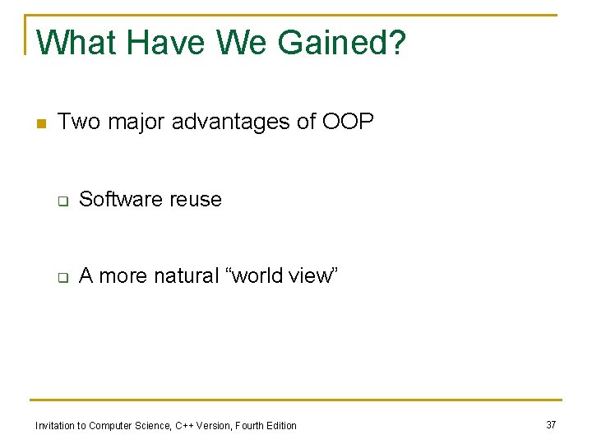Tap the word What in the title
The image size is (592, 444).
click(x=77, y=43)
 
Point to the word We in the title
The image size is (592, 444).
click(x=246, y=43)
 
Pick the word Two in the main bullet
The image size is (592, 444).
click(x=79, y=123)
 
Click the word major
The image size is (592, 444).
click(x=135, y=123)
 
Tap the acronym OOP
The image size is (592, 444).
click(x=348, y=123)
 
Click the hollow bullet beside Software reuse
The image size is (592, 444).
click(x=62, y=201)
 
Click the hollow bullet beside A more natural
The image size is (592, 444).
click(x=62, y=277)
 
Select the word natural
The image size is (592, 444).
click(x=190, y=276)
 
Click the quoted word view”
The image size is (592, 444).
click(x=313, y=276)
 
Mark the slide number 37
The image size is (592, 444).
click(x=551, y=424)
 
